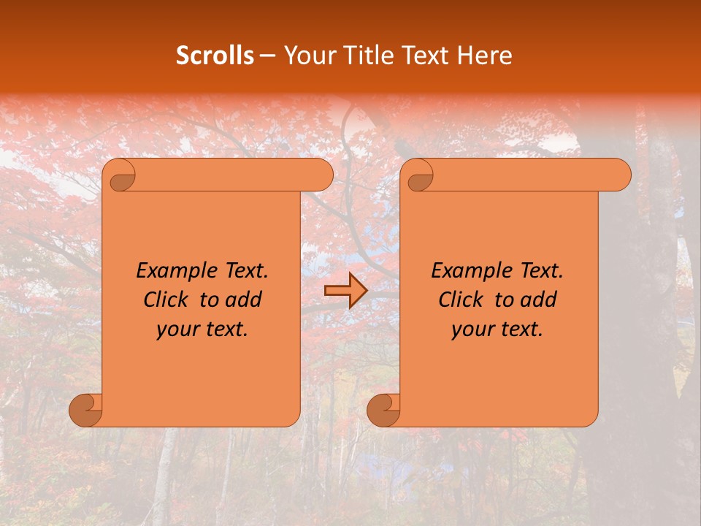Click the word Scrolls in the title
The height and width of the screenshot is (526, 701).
click(215, 56)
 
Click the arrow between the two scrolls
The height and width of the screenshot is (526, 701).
click(345, 291)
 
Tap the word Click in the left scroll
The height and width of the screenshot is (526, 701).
click(166, 300)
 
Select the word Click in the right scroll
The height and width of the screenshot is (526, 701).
click(461, 300)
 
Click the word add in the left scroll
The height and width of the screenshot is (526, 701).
click(244, 300)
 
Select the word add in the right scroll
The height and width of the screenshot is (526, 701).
click(539, 300)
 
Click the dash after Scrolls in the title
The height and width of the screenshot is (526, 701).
click(267, 56)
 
